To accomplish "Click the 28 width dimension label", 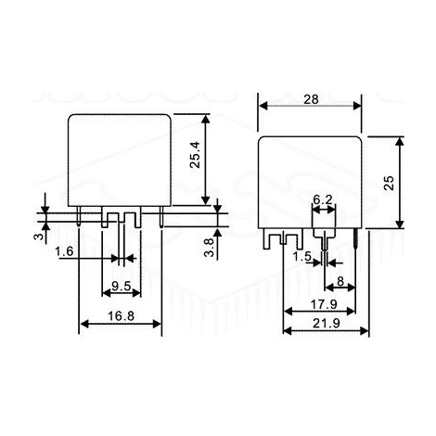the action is (x=311, y=99).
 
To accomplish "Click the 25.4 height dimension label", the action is (x=195, y=155).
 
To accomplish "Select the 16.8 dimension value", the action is (x=121, y=315).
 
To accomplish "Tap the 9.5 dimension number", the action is (x=121, y=286).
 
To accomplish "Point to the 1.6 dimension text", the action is (x=64, y=251).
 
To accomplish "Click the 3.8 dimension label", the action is (x=210, y=248).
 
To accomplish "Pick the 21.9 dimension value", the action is (x=326, y=323).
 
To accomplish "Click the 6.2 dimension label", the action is (x=323, y=199).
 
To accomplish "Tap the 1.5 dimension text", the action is (x=302, y=256).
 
